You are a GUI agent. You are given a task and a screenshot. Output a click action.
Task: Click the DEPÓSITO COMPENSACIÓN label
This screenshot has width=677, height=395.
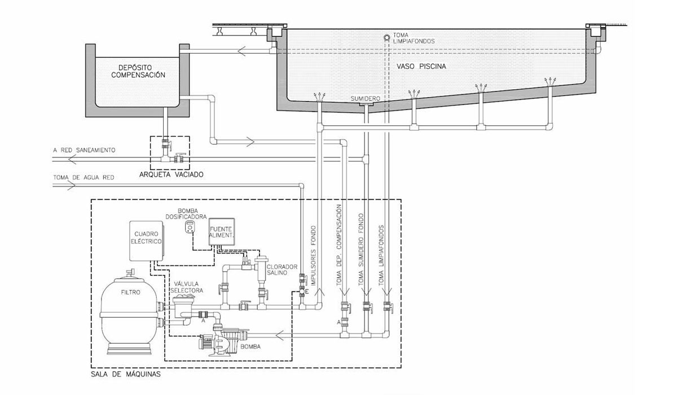pyautogui.click(x=138, y=71)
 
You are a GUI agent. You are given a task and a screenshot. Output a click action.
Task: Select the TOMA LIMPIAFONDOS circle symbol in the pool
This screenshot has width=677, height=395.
pyautogui.click(x=386, y=38)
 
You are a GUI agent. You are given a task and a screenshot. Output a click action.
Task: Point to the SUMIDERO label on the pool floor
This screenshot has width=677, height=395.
pyautogui.click(x=365, y=98)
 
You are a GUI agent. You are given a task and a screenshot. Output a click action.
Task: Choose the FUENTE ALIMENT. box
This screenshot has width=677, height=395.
pyautogui.click(x=221, y=231)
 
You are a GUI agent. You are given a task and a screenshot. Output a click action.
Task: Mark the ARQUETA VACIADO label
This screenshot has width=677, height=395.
pyautogui.click(x=170, y=174)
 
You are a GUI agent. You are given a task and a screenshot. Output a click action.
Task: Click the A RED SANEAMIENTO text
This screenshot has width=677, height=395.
pyautogui.click(x=84, y=150)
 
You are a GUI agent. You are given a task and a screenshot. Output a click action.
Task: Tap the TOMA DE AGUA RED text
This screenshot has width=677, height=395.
pyautogui.click(x=83, y=177)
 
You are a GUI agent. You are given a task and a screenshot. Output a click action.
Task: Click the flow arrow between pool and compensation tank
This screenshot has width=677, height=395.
pyautogui.click(x=242, y=52)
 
